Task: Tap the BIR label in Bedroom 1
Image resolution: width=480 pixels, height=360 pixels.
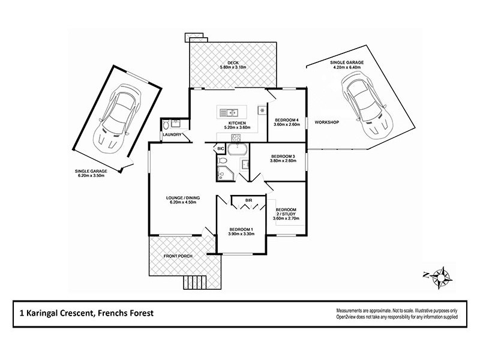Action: [x=248, y=200]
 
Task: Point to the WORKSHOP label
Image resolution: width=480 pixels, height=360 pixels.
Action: [x=327, y=122]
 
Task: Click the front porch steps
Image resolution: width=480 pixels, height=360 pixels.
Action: [x=193, y=281]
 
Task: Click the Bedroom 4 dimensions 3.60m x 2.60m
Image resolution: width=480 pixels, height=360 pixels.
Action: [x=285, y=125]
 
